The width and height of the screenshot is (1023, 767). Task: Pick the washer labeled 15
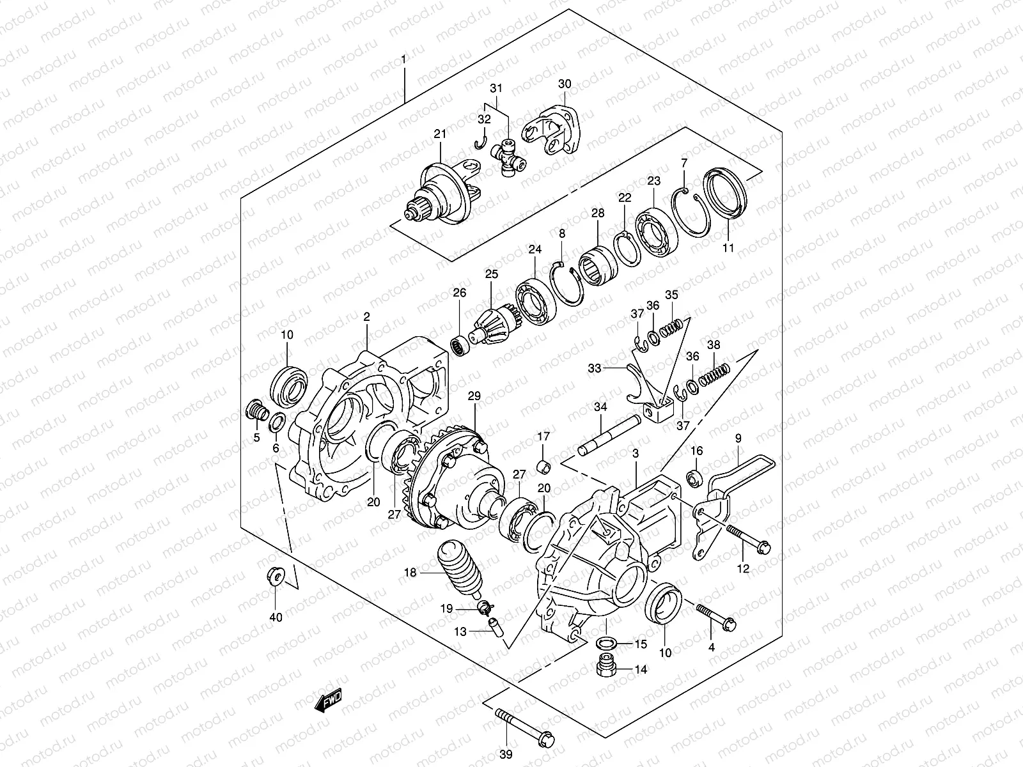click(x=607, y=642)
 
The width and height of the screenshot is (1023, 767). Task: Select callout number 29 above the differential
click(x=474, y=396)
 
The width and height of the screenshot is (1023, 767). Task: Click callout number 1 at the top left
click(x=403, y=59)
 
